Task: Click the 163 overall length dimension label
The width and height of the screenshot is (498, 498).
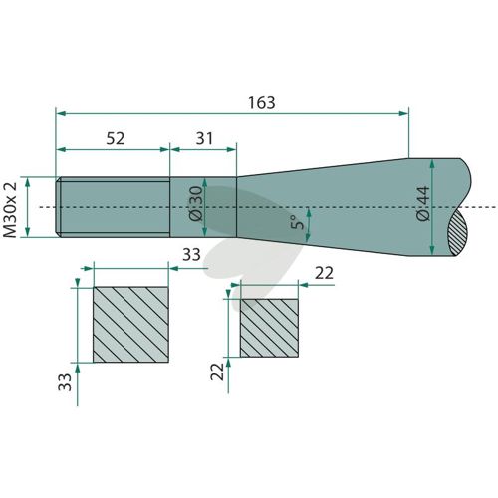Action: coord(262,103)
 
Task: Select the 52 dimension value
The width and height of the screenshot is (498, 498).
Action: coord(116,138)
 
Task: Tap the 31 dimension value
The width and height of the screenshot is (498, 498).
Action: coord(204,138)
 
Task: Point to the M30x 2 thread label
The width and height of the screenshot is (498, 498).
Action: coord(10,210)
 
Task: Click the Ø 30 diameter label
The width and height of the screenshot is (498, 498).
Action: coord(195,203)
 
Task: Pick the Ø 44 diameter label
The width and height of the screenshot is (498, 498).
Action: coord(422,204)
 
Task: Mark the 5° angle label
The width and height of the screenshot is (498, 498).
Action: coord(297,222)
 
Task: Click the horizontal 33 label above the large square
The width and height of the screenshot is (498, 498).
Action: coord(191,255)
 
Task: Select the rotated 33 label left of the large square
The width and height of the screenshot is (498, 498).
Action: coord(65,382)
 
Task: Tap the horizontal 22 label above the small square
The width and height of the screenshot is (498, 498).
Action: coord(324,273)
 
